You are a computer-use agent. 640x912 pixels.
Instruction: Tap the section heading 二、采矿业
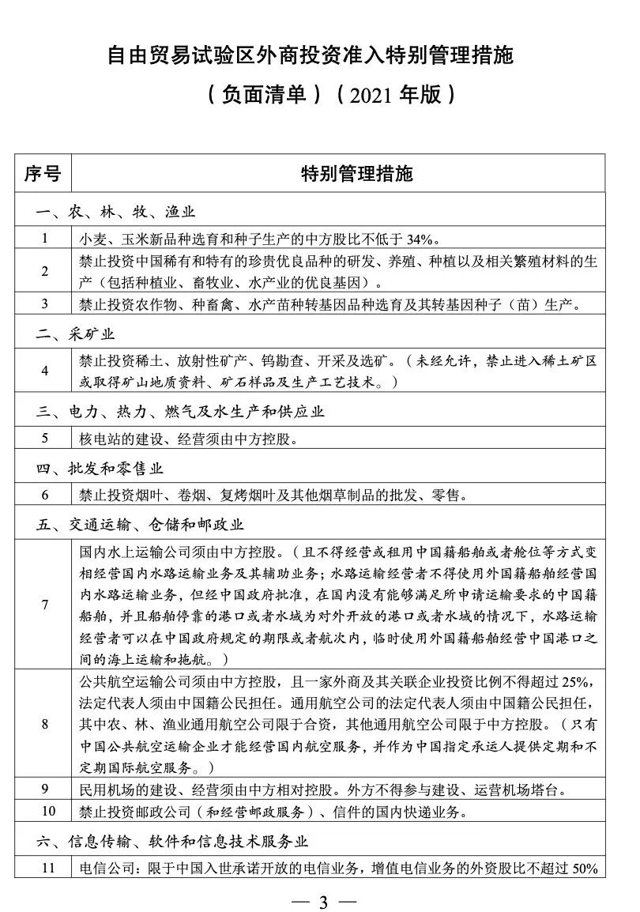[x=76, y=334]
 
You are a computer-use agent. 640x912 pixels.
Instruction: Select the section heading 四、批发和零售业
[x=100, y=469]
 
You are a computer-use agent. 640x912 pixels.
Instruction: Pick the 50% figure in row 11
[x=585, y=869]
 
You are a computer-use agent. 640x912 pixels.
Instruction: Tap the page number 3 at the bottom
[x=322, y=899]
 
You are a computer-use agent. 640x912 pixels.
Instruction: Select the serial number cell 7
[x=45, y=605]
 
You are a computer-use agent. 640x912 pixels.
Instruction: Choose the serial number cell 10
[x=45, y=811]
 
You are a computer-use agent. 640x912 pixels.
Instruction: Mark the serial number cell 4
[x=45, y=370]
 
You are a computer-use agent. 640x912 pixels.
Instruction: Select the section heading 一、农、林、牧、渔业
[x=115, y=212]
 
